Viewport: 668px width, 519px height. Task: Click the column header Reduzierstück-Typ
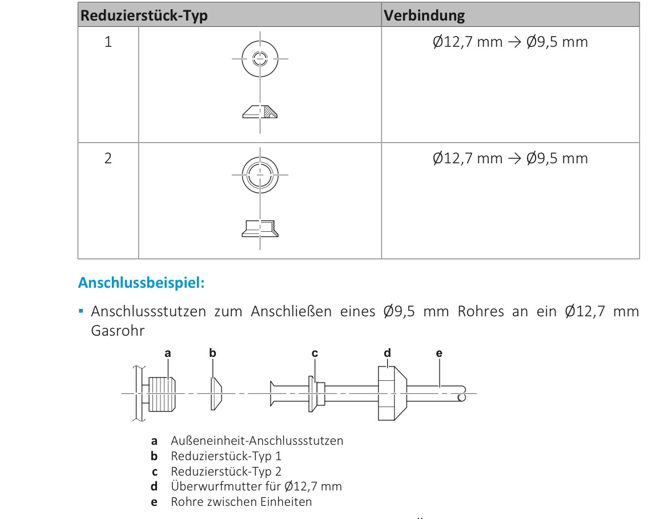144,15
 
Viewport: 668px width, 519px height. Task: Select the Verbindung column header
424,15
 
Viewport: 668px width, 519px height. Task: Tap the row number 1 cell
108,42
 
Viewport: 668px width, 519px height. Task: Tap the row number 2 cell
108,158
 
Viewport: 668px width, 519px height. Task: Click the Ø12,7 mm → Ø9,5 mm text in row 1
510,42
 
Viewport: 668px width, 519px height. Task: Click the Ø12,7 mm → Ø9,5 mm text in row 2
510,158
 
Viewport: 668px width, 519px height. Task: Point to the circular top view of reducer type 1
260,58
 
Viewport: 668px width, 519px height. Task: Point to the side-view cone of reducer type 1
260,112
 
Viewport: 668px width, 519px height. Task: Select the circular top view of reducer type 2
260,174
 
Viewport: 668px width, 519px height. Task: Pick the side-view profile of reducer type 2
260,228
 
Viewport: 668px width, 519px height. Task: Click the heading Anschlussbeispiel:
141,283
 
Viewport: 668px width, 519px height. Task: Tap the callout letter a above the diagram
168,353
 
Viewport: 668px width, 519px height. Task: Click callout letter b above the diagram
213,353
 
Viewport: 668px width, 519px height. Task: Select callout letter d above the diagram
388,353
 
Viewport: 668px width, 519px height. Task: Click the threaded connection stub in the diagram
162,394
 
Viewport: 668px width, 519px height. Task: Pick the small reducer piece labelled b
216,394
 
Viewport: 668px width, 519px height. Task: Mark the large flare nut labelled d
391,394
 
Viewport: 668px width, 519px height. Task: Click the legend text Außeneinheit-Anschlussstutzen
257,441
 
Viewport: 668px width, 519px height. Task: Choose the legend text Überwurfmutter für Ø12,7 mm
256,486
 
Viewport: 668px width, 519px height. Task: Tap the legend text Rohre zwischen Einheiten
242,502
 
